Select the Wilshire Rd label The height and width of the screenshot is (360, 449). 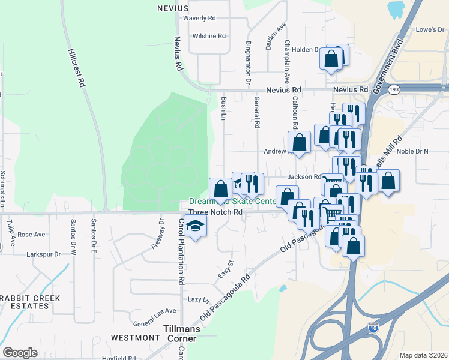pos(209,36)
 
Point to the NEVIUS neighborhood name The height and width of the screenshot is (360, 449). pos(172,8)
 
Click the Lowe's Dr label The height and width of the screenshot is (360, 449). pos(429,29)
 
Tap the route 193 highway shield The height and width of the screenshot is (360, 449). pos(394,89)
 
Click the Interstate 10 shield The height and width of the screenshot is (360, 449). pos(373,328)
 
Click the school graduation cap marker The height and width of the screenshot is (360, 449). pos(195,227)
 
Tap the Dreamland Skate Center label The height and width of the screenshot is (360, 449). pos(233,202)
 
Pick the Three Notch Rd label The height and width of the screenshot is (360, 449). pos(215,212)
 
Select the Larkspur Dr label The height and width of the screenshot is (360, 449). pos(44,254)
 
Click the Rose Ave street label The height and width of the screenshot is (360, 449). pos(32,235)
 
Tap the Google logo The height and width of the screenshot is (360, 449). pos(19,353)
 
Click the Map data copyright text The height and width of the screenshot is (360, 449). pos(423,355)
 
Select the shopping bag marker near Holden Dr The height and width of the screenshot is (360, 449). pos(331,59)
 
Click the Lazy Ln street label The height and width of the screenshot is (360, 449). pos(199,299)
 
